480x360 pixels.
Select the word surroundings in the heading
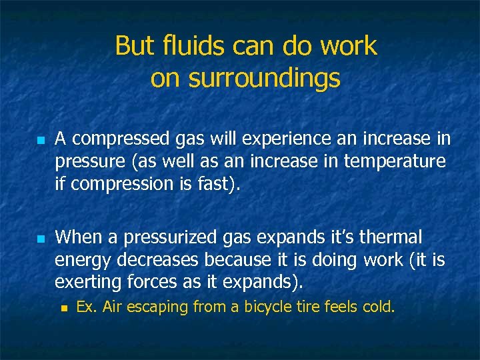pyautogui.click(x=265, y=78)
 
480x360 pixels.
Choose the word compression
pyautogui.click(x=120, y=184)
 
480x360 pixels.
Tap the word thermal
pyautogui.click(x=390, y=237)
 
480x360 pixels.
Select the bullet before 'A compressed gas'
pyautogui.click(x=41, y=141)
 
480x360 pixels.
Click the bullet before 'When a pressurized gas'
pyautogui.click(x=41, y=238)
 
